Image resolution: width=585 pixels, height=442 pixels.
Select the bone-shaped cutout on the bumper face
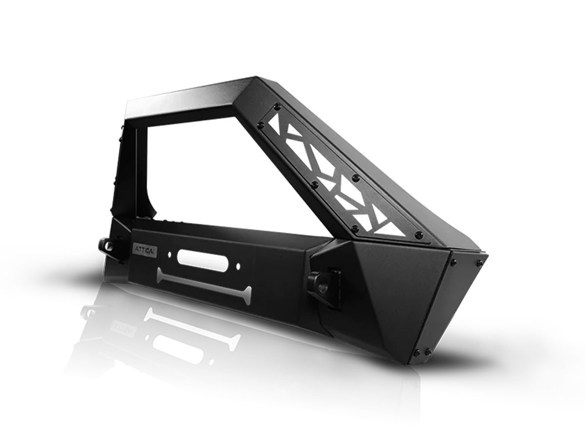coord(204,283)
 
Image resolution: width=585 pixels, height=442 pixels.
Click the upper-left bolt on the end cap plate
coord(453,263)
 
